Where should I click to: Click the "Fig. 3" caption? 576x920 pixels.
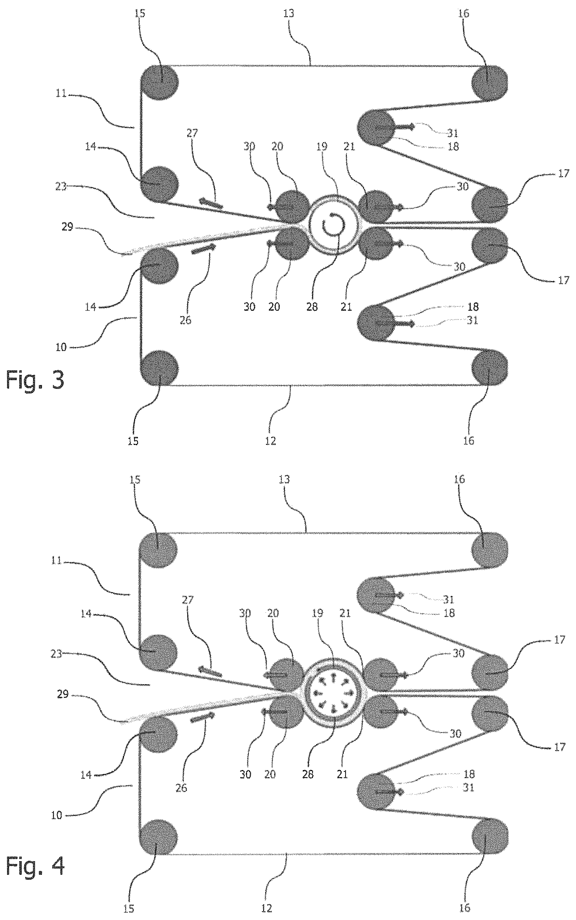pyautogui.click(x=35, y=380)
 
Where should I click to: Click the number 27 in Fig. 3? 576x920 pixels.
pyautogui.click(x=193, y=134)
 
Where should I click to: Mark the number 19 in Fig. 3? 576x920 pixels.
pyautogui.click(x=322, y=147)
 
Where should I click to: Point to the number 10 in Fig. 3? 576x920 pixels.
pyautogui.click(x=61, y=347)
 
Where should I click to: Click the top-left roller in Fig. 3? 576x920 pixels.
pyautogui.click(x=159, y=82)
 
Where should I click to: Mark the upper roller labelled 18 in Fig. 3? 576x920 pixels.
pyautogui.click(x=376, y=127)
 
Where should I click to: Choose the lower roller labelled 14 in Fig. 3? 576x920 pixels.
pyautogui.click(x=159, y=265)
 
